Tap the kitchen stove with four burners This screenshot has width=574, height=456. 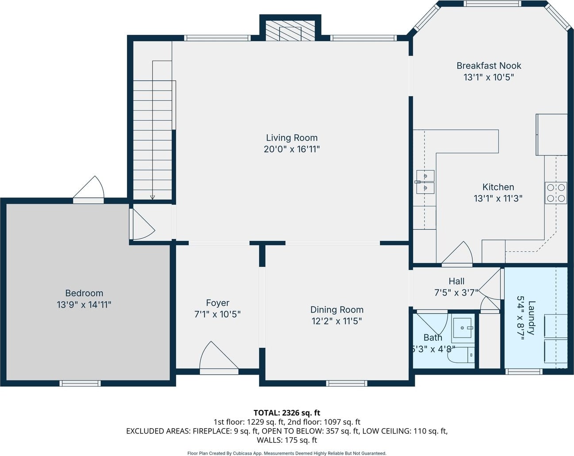(556, 193)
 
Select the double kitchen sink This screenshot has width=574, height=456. (425, 182)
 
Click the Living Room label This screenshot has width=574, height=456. (292, 138)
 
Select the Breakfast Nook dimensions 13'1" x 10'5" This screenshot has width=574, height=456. (489, 77)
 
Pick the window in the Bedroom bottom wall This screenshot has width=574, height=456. (80, 383)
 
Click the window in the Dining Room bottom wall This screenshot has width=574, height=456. (347, 383)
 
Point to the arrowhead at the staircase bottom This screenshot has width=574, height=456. (152, 198)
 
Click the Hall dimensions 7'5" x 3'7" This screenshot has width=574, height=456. (456, 293)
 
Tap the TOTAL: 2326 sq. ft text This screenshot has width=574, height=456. (287, 413)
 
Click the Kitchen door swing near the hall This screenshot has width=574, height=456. (457, 254)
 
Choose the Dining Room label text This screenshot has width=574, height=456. (337, 310)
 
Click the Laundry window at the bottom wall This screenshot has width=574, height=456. (524, 372)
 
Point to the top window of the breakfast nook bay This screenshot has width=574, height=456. (492, 4)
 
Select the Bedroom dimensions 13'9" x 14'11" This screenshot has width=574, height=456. (84, 304)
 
